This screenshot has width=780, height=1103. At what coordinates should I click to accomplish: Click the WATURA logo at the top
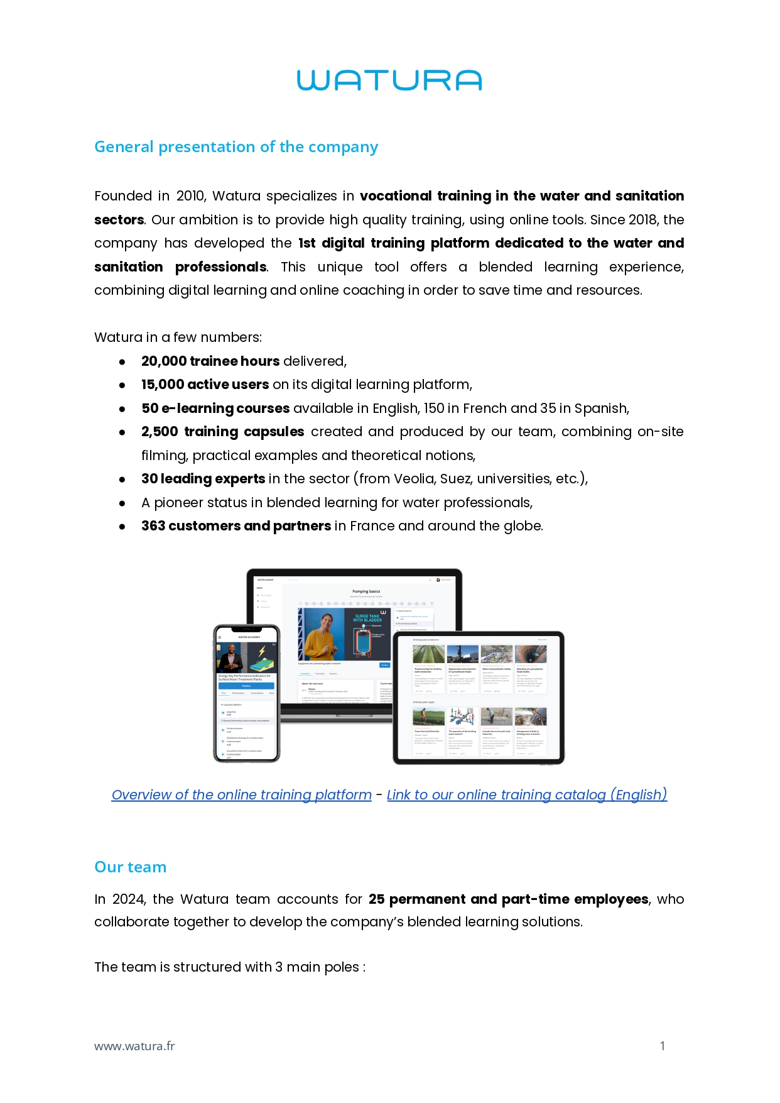click(x=389, y=80)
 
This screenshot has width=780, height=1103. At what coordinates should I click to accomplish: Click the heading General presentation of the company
click(x=236, y=147)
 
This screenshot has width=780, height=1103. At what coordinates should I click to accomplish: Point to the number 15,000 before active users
click(x=163, y=385)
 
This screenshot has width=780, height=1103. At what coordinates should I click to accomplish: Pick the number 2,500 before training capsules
click(x=160, y=432)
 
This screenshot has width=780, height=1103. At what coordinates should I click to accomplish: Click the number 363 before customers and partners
click(x=153, y=526)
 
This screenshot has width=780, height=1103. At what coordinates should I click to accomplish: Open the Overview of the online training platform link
click(x=242, y=795)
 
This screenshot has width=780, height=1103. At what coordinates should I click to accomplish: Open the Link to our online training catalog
click(x=527, y=795)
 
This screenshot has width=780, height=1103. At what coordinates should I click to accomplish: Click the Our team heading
click(x=131, y=867)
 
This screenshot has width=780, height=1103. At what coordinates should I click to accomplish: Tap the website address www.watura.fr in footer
click(x=134, y=1046)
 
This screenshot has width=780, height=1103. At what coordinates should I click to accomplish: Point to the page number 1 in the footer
click(x=663, y=1046)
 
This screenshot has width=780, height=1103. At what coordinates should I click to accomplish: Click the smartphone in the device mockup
click(x=247, y=694)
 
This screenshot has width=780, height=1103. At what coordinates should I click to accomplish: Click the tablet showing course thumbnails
click(x=479, y=698)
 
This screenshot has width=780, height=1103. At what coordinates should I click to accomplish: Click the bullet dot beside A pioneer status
click(x=122, y=503)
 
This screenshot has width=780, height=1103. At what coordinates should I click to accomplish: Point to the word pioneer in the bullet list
click(x=177, y=503)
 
